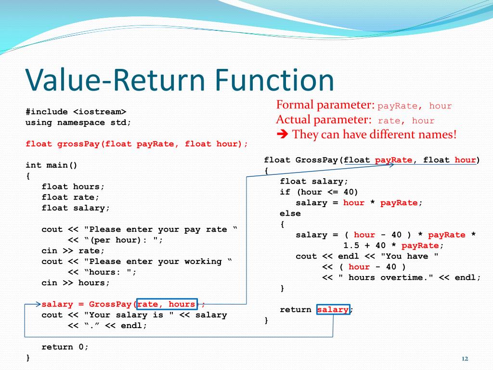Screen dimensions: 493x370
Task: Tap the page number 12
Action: (x=465, y=358)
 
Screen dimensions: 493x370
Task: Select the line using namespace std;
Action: (x=78, y=122)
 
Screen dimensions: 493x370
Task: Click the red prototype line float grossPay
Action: (x=137, y=144)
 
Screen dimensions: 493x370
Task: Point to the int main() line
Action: (x=52, y=165)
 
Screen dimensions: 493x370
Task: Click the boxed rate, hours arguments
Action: (x=167, y=304)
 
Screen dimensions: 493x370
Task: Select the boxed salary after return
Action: (x=333, y=310)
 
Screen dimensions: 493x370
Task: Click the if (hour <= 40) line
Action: (x=319, y=192)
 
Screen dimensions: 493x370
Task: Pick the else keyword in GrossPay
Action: (x=290, y=213)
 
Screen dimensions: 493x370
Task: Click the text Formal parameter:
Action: (x=325, y=105)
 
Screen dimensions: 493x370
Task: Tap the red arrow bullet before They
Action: (x=283, y=134)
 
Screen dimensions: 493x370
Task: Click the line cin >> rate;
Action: (x=73, y=251)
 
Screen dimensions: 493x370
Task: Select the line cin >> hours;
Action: (x=76, y=283)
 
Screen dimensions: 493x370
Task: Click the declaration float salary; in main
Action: (x=76, y=208)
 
